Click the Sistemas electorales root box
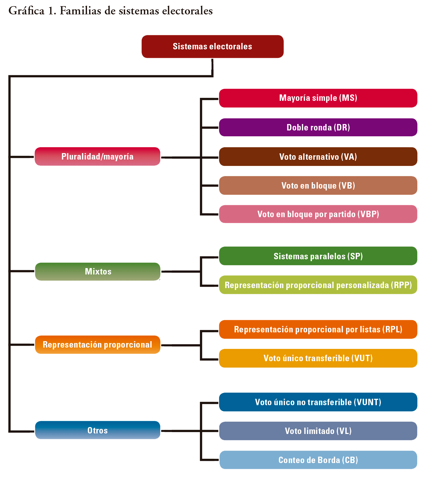pyautogui.click(x=212, y=46)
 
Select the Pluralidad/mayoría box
pyautogui.click(x=97, y=157)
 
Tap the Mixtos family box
pyautogui.click(x=98, y=272)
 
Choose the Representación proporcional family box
pyautogui.click(x=97, y=345)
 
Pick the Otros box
pyautogui.click(x=97, y=430)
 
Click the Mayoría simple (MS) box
pyautogui.click(x=318, y=98)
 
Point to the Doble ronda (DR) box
pyautogui.click(x=318, y=128)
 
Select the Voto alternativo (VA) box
pyautogui.click(x=318, y=157)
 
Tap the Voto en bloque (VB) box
pyautogui.click(x=318, y=186)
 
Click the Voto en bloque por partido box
pyautogui.click(x=318, y=214)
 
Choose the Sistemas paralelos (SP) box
pyautogui.click(x=318, y=256)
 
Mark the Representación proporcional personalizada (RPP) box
pyautogui.click(x=318, y=285)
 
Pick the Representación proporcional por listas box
pyautogui.click(x=318, y=329)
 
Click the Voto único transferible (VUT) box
pyautogui.click(x=318, y=358)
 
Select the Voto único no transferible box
pyautogui.click(x=318, y=402)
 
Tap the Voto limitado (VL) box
pyautogui.click(x=318, y=431)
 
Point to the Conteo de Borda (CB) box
pyautogui.click(x=318, y=460)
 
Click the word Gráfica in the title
pyautogui.click(x=26, y=11)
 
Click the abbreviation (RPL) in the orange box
pyautogui.click(x=392, y=329)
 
